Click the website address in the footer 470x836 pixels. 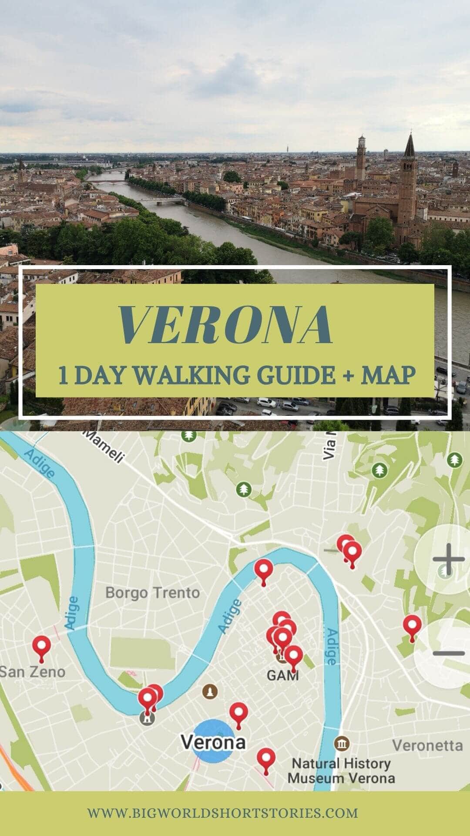(x=223, y=812)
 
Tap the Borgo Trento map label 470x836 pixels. (x=152, y=593)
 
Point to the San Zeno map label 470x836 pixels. (x=33, y=671)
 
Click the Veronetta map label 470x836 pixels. (x=427, y=745)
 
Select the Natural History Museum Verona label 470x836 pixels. (x=341, y=770)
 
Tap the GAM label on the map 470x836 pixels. (x=282, y=675)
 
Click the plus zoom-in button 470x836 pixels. (x=448, y=559)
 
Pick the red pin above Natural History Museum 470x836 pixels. (x=266, y=759)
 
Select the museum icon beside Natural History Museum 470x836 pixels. (x=342, y=743)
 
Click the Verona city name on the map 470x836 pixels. (x=213, y=742)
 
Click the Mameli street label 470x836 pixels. (x=104, y=447)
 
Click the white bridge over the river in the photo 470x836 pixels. (x=161, y=200)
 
